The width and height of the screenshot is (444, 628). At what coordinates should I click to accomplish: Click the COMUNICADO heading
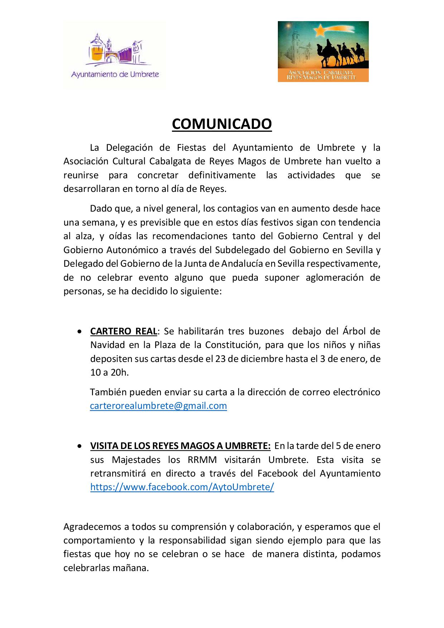click(x=222, y=124)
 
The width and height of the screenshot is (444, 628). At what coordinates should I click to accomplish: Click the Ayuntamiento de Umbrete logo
click(x=115, y=55)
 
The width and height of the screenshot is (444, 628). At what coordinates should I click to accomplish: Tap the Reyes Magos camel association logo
click(x=323, y=52)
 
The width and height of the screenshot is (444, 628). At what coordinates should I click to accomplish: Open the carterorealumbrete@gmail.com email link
click(x=158, y=406)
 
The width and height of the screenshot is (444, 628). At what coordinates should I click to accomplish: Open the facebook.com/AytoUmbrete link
click(x=182, y=487)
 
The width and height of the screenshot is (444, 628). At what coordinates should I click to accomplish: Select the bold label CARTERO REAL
click(x=124, y=331)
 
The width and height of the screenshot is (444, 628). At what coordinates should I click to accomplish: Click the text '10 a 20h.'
click(x=109, y=372)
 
